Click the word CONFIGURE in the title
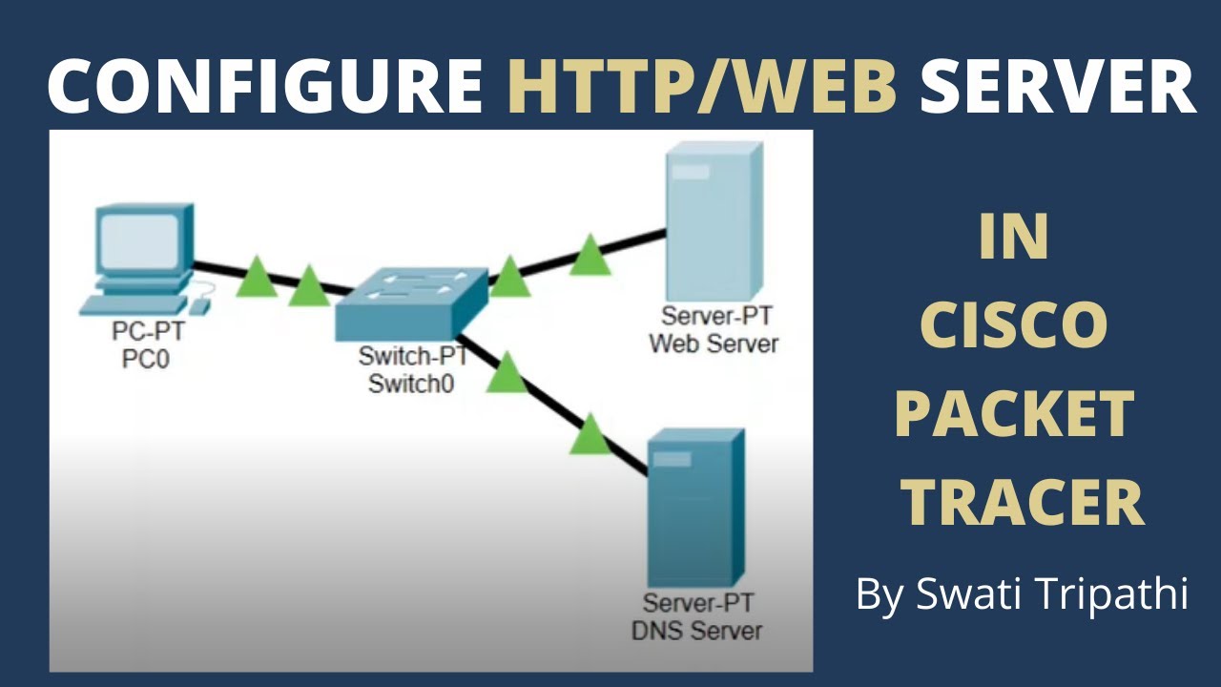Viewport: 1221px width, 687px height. pos(265,84)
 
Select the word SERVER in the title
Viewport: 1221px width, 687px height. pos(1057,84)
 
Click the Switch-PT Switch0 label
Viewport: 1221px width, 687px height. pos(413,371)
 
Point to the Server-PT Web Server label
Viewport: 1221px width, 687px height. pos(714,330)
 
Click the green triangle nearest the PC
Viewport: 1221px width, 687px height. pos(257,277)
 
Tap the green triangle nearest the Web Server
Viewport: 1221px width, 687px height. pos(590,256)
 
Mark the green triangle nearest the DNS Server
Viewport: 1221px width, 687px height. pos(590,434)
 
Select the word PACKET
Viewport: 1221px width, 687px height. pos(1013,414)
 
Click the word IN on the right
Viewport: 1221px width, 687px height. pos(1013,239)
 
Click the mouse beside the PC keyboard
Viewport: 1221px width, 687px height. pos(199,305)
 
